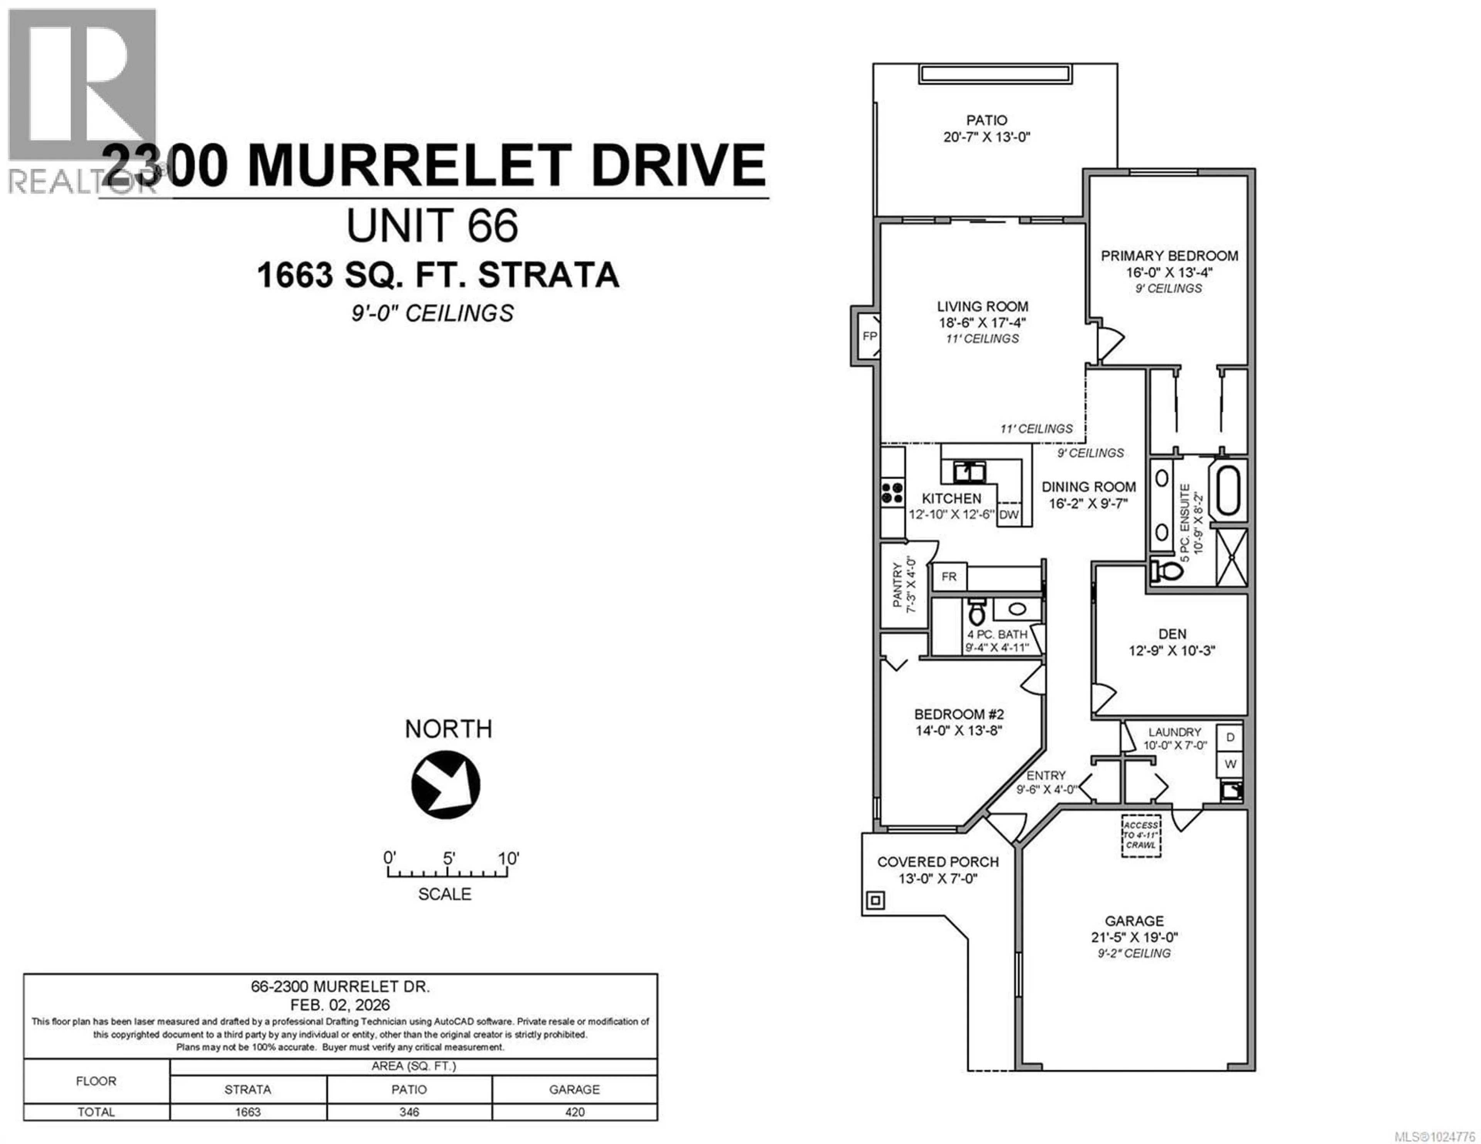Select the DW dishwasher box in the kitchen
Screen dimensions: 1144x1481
1009,514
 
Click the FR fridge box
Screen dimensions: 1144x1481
949,576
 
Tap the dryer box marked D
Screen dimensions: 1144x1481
1230,737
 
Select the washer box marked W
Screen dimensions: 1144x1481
1230,764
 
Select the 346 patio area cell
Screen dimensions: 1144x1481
409,1112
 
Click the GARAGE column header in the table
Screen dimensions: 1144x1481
574,1089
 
